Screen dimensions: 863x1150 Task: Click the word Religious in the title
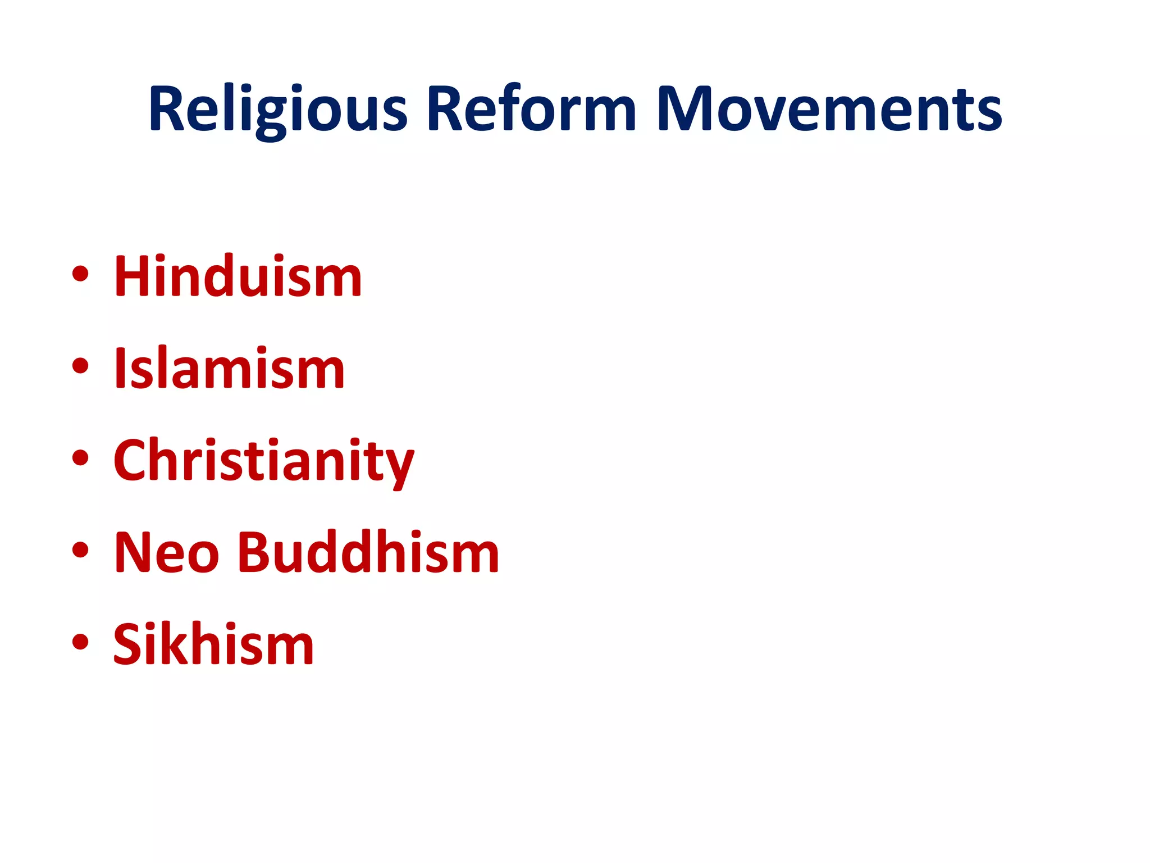(277, 109)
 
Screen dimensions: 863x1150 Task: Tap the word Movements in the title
(829, 109)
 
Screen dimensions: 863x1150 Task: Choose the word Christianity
(264, 461)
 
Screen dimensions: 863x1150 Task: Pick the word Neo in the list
(166, 553)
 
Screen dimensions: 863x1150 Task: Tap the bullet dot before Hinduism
(80, 274)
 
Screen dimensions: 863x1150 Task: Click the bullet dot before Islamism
(80, 366)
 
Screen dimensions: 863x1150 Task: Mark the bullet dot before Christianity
(80, 458)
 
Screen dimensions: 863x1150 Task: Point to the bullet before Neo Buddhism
(80, 550)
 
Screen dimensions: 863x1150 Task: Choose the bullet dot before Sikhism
(80, 642)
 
